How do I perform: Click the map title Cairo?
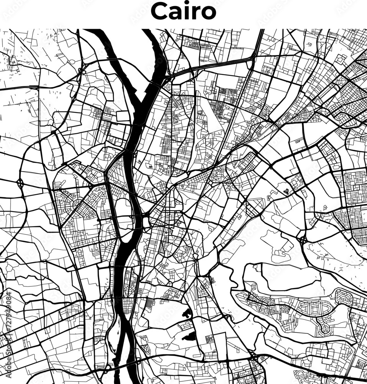(x=183, y=12)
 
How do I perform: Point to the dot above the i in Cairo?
(x=184, y=5)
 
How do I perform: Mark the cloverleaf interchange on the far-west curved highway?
(x=20, y=183)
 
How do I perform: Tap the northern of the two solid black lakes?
(x=187, y=313)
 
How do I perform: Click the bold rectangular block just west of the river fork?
(x=123, y=116)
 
